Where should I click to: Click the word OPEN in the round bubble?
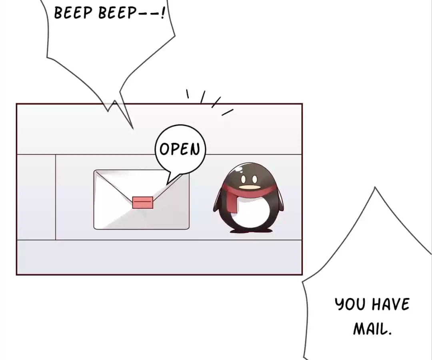pyautogui.click(x=180, y=149)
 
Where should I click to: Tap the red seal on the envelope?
pyautogui.click(x=143, y=202)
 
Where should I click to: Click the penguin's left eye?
pyautogui.click(x=243, y=180)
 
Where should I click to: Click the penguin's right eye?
pyautogui.click(x=254, y=180)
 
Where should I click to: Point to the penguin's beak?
pyautogui.click(x=250, y=188)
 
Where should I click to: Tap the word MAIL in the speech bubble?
pyautogui.click(x=372, y=328)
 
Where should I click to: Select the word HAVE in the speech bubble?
pyautogui.click(x=390, y=304)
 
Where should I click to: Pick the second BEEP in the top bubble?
pyautogui.click(x=117, y=13)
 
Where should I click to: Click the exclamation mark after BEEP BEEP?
pyautogui.click(x=163, y=12)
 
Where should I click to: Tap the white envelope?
pyautogui.click(x=141, y=200)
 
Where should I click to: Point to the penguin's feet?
pyautogui.click(x=251, y=230)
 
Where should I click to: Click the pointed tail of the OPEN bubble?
pyautogui.click(x=167, y=184)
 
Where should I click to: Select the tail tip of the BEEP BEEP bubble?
pyautogui.click(x=133, y=129)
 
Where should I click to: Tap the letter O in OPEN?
pyautogui.click(x=164, y=149)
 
